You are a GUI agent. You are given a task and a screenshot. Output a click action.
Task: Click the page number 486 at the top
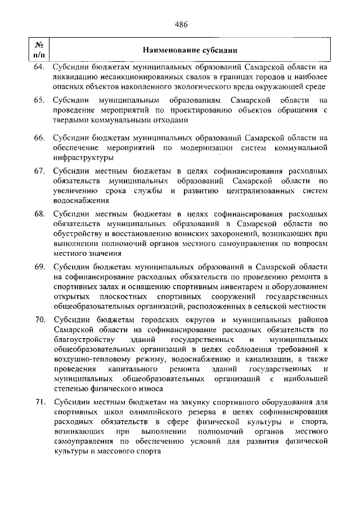[x=181, y=24]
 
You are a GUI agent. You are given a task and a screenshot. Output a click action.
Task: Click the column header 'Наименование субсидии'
[x=190, y=50]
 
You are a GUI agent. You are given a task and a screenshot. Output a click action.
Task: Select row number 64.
[x=39, y=67]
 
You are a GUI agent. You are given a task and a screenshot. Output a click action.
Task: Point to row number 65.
[x=39, y=100]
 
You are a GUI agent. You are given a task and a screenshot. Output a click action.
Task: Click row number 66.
[x=39, y=138]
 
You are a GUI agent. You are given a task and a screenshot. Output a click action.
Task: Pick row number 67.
[x=39, y=170]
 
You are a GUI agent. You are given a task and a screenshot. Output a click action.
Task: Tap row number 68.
[x=39, y=214]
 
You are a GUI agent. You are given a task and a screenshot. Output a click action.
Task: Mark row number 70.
[x=39, y=319]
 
